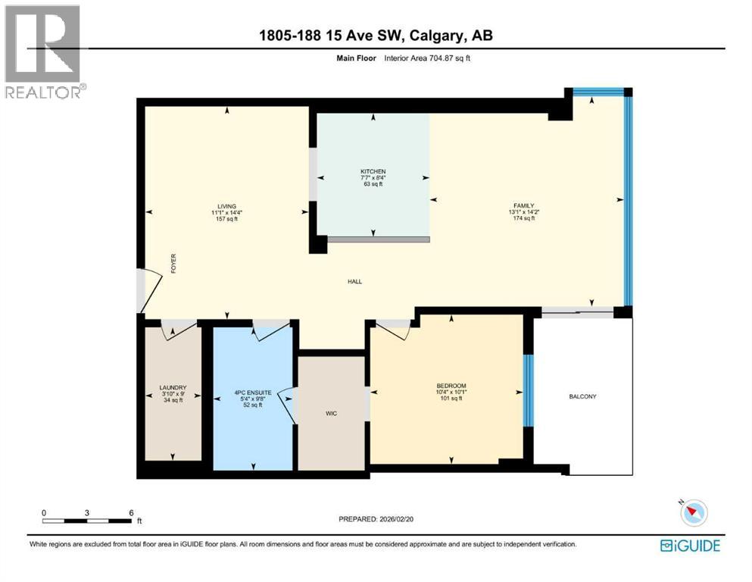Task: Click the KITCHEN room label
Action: (373, 171)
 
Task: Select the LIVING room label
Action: (226, 206)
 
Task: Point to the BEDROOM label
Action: (451, 385)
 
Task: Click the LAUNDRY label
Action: (173, 387)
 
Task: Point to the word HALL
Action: (354, 281)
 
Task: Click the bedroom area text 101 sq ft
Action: (451, 398)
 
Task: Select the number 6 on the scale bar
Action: (132, 512)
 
